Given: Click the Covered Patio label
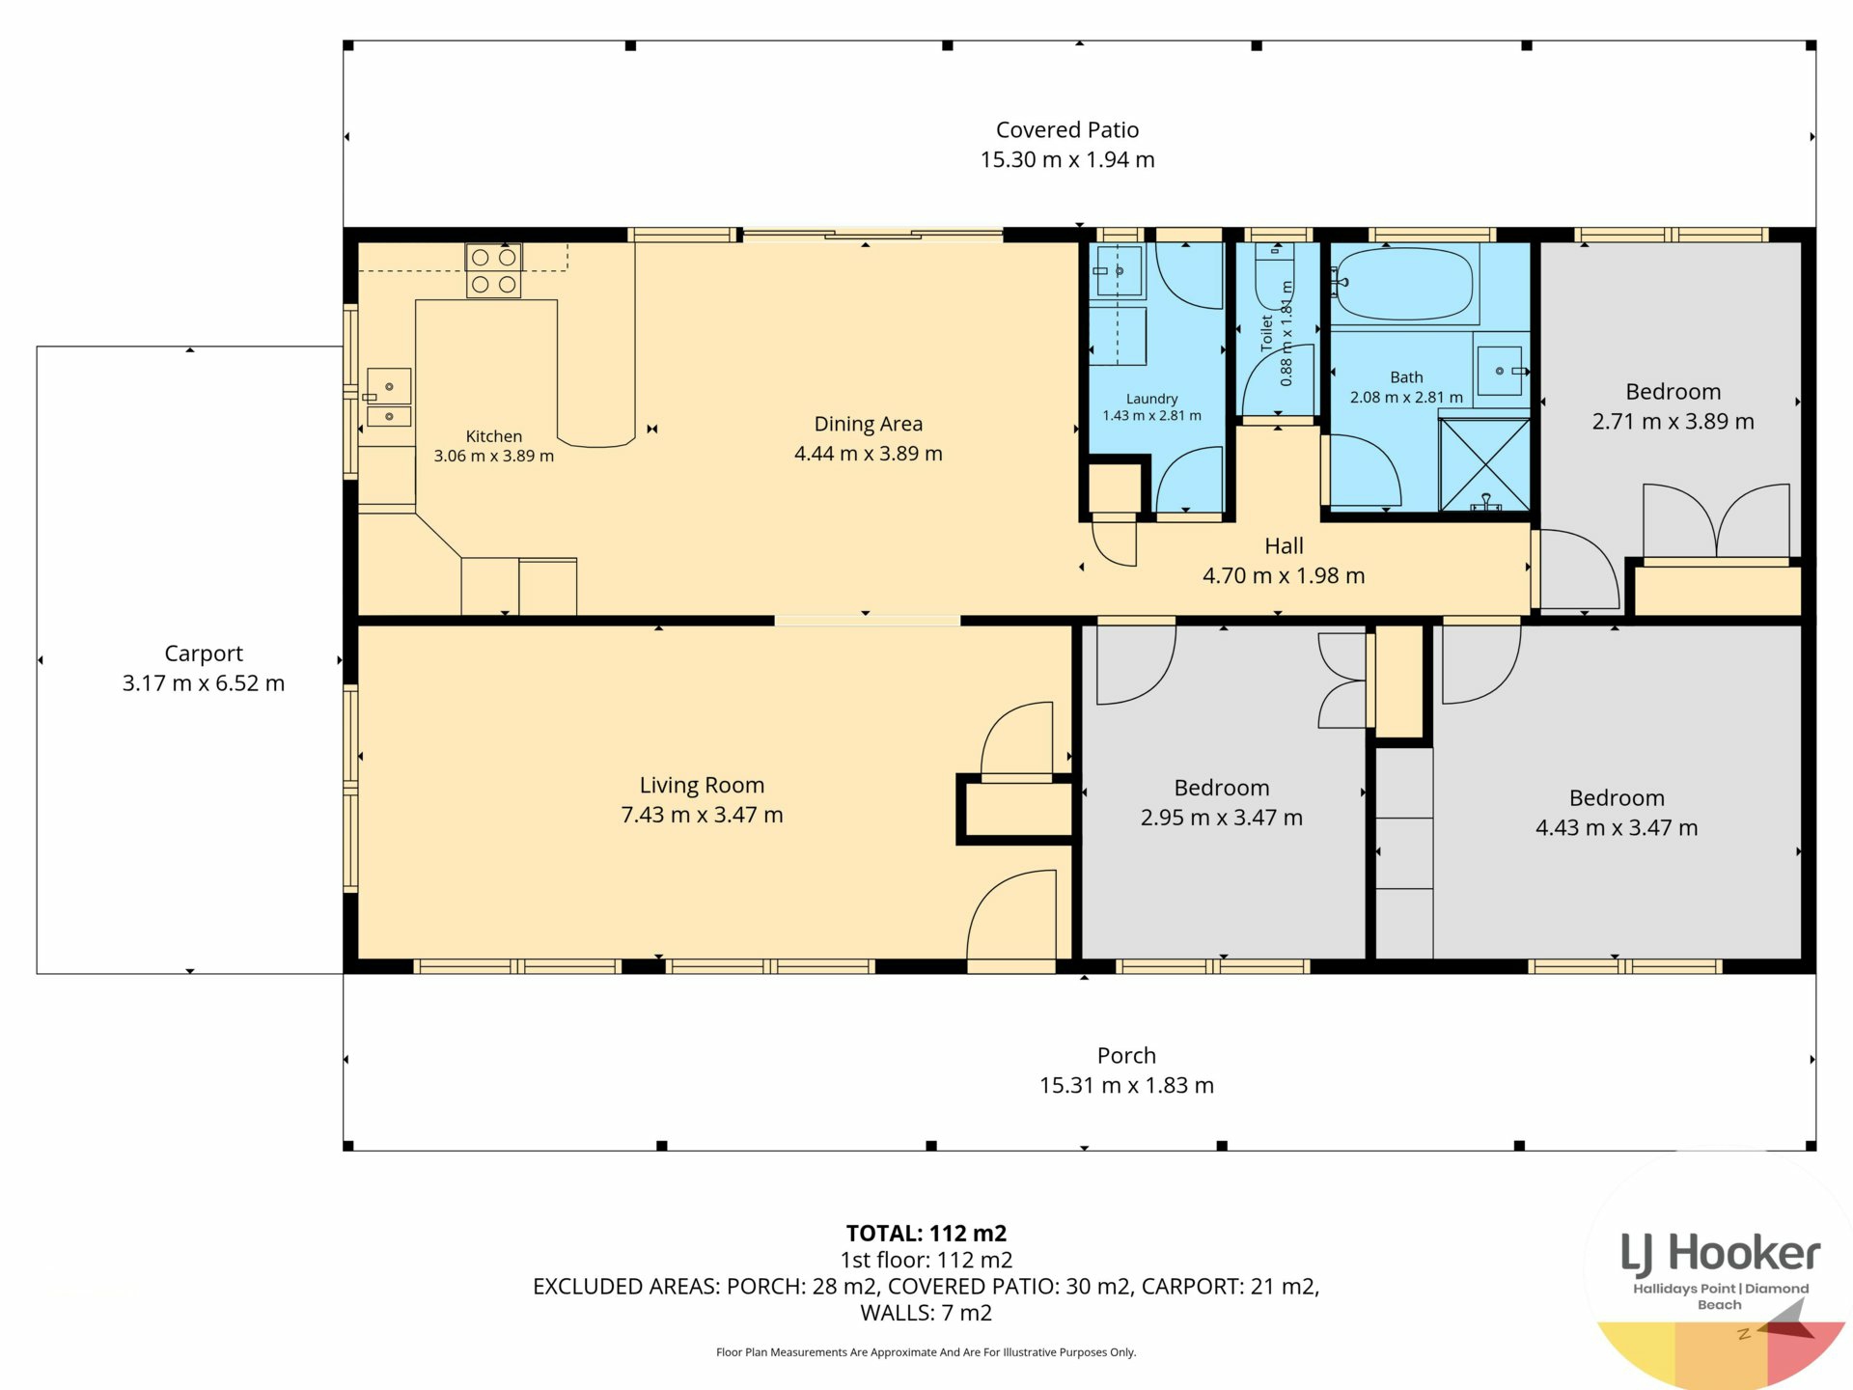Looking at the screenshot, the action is tap(1067, 129).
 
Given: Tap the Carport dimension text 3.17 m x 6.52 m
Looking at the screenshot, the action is tap(204, 683).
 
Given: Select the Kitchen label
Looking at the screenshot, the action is tap(494, 436).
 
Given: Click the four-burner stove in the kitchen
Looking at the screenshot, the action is tap(494, 270).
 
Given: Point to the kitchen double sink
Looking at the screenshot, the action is tap(388, 397).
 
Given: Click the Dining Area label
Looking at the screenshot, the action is tap(869, 424).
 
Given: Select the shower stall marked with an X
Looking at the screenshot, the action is tap(1484, 464).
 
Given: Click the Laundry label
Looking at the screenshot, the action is tap(1152, 399).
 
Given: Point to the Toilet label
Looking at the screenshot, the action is tap(1267, 332).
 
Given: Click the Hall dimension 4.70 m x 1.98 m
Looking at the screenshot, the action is tap(1284, 576).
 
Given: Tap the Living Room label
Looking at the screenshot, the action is tap(702, 785).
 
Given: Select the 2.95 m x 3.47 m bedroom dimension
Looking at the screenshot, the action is tap(1222, 818).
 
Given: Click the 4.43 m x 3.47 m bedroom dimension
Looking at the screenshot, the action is tap(1617, 828).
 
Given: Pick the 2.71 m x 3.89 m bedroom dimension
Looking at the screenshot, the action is tap(1673, 422).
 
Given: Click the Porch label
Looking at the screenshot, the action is tap(1126, 1055).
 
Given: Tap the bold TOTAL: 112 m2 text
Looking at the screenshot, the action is tap(926, 1234).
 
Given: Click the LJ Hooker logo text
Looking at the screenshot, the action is tap(1720, 1254).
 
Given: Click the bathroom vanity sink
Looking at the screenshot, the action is tap(1500, 371).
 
